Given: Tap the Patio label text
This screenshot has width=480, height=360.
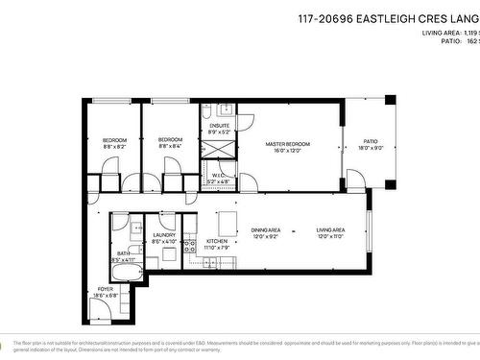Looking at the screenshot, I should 371,143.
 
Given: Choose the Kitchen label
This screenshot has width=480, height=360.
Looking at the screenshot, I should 217,241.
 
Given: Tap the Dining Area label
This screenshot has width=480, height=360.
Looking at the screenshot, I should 265,230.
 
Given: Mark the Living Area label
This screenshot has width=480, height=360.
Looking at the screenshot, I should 331,230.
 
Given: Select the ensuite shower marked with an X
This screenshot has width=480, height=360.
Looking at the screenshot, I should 214,150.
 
